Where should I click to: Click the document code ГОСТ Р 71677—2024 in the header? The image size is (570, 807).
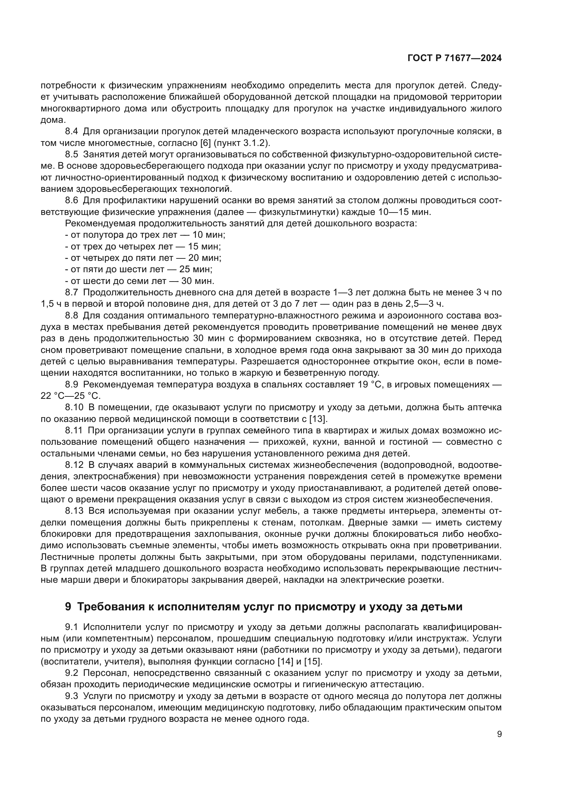(455, 58)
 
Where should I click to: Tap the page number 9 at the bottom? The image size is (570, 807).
(499, 734)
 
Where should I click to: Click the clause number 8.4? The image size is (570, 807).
(72, 131)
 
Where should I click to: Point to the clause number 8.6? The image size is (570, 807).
(72, 200)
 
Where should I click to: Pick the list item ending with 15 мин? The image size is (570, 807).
(143, 246)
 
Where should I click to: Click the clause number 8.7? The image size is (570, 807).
(72, 293)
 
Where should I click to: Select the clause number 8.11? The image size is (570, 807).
(74, 431)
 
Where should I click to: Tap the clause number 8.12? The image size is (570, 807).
(74, 465)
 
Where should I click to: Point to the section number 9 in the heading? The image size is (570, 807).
(68, 607)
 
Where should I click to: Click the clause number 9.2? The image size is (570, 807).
(72, 673)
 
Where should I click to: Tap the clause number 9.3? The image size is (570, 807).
(72, 696)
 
